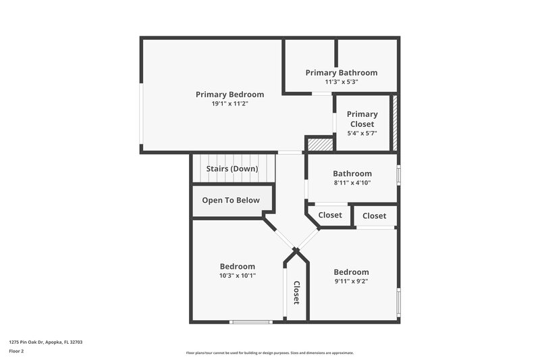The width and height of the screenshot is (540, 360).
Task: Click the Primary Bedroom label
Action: [x=230, y=95]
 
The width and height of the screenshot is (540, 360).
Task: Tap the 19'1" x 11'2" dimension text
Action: [x=230, y=104]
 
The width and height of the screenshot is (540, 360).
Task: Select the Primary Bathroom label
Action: [x=341, y=72]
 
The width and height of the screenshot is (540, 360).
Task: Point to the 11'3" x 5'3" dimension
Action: [x=341, y=82]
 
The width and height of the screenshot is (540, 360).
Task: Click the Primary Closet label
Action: [x=362, y=119]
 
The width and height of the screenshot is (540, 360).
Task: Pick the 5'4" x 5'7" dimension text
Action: [x=362, y=133]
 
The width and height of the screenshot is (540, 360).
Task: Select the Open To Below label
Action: [x=231, y=200]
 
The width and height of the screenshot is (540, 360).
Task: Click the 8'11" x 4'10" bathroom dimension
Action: [x=352, y=182]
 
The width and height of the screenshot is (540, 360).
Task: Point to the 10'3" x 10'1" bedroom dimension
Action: [x=237, y=276]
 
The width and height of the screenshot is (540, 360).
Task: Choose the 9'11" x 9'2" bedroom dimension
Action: [x=351, y=281]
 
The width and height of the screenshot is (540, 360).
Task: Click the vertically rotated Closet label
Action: [x=296, y=293]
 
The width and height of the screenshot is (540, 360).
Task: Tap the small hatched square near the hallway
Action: [x=320, y=145]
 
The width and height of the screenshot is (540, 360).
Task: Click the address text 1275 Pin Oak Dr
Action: [x=46, y=342]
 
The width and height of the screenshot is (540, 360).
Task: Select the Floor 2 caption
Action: [x=16, y=351]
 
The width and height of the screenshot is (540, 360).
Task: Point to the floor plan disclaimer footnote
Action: [x=269, y=353]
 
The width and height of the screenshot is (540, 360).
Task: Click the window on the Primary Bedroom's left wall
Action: [x=141, y=114]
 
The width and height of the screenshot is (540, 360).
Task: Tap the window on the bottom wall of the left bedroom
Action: [x=251, y=322]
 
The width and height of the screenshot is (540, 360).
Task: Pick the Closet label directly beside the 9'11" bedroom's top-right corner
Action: [x=374, y=215]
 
